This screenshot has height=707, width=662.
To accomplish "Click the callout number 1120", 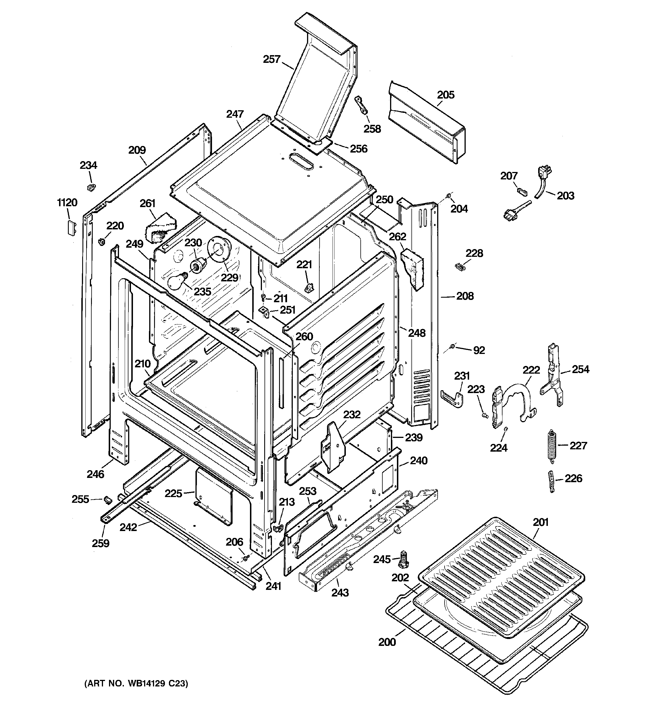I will [x=67, y=203].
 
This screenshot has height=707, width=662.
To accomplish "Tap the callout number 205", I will [x=446, y=95].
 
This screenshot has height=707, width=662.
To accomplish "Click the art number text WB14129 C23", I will [x=136, y=684].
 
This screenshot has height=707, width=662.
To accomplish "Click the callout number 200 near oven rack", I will [x=387, y=642].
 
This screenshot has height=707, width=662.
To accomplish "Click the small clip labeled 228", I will [x=459, y=266].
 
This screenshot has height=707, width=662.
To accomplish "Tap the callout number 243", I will [x=340, y=592].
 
